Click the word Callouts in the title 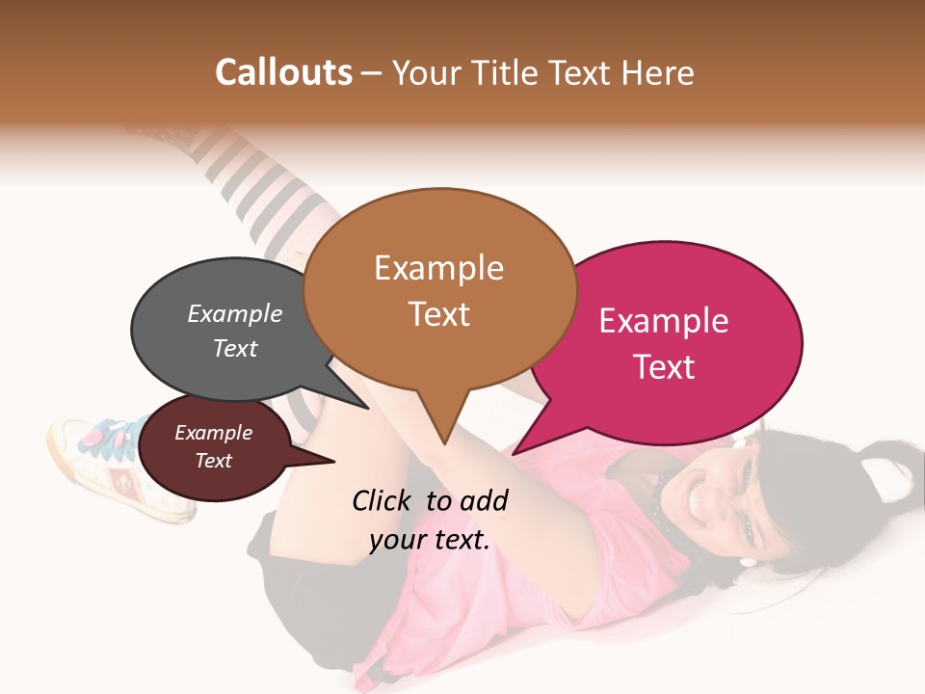tap(283, 72)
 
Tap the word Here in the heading tap(659, 73)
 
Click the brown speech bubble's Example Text tap(438, 290)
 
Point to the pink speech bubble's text tap(664, 343)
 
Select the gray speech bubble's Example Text tap(235, 331)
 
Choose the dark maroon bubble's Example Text tap(214, 446)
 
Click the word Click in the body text tap(383, 500)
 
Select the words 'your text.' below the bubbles tap(430, 540)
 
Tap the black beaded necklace tap(665, 501)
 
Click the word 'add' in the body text tap(485, 500)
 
